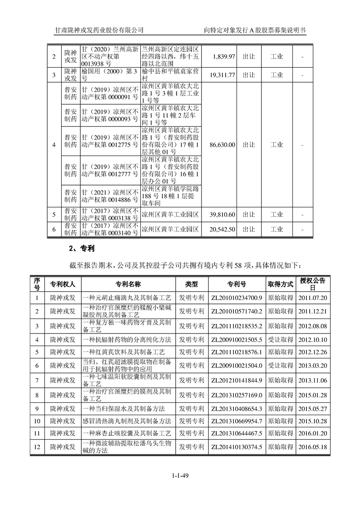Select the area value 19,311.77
[222, 75]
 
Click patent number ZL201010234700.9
[237, 298]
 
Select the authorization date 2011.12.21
[313, 311]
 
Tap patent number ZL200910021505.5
[237, 339]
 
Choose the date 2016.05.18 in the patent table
[313, 447]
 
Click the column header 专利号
[237, 284]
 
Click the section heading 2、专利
[81, 249]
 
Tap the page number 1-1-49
[180, 475]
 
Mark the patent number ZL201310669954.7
[237, 421]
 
